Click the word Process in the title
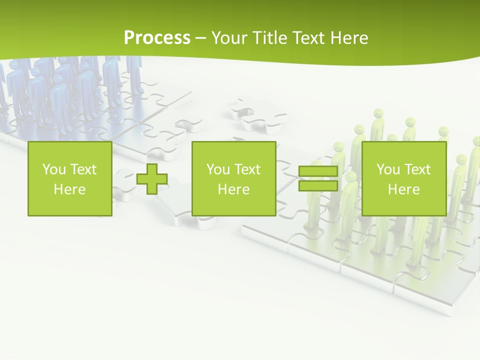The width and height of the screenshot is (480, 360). click(157, 37)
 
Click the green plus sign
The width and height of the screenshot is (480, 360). click(152, 178)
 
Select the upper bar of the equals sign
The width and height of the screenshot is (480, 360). click(318, 171)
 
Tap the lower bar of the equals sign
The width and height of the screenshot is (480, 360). click(318, 186)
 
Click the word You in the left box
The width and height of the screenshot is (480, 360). click(54, 169)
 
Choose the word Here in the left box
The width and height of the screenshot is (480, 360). click(69, 189)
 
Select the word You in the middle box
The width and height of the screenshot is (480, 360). click(218, 169)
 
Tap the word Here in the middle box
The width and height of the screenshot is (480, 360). click(233, 189)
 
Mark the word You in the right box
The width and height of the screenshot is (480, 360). click(388, 169)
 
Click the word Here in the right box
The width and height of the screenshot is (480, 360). click(403, 189)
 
